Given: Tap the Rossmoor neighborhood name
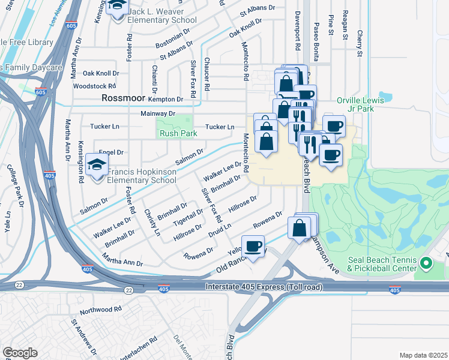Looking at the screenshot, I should click(x=125, y=97).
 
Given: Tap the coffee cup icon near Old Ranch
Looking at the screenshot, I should click(x=253, y=246).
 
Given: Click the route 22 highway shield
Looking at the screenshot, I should click(x=128, y=290).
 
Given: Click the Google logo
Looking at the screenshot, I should click(x=20, y=352).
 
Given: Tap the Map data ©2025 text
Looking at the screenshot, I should click(x=423, y=355).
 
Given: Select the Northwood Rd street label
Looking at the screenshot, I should click(x=101, y=310).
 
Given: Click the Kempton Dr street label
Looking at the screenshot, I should click(x=166, y=99).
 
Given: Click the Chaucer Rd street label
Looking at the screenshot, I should click(x=206, y=74).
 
